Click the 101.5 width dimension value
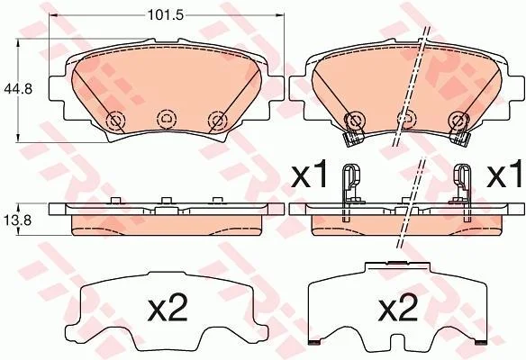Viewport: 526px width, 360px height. coord(166,15)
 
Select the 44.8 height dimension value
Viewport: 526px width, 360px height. coord(17,89)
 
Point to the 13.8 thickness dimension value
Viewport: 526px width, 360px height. coord(17,220)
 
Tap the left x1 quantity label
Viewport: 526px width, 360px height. coord(309,174)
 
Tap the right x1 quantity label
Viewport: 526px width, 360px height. coord(506,174)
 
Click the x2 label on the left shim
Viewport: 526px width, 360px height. coord(167,307)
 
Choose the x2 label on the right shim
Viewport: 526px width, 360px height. coord(398,307)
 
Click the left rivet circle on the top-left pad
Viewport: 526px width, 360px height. coord(115,120)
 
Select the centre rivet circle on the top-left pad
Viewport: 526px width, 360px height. coord(167,118)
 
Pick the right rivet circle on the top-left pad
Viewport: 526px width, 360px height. coord(218,120)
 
